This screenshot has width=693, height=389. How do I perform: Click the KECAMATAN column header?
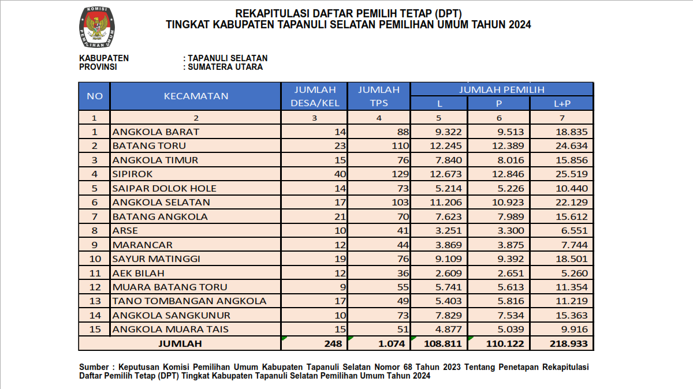tap(196, 96)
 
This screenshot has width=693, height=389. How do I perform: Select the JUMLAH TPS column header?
tap(379, 96)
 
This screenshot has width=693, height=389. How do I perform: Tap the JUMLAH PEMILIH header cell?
tap(501, 89)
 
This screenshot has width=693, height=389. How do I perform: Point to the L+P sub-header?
tap(561, 103)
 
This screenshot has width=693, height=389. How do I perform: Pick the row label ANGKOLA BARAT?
tap(155, 132)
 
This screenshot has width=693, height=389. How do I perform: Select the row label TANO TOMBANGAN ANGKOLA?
tap(189, 301)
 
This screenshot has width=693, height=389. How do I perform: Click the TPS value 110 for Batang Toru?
tap(398, 145)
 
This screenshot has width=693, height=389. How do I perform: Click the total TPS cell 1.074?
tap(393, 343)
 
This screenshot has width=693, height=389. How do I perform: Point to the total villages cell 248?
tap(333, 343)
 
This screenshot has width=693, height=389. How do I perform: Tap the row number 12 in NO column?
tap(95, 287)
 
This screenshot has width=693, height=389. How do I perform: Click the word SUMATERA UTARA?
tap(225, 67)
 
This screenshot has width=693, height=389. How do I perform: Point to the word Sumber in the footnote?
tap(94, 367)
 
